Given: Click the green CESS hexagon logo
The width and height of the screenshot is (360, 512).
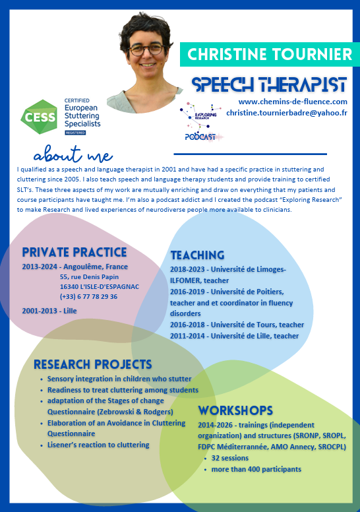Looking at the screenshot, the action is pyautogui.click(x=39, y=117).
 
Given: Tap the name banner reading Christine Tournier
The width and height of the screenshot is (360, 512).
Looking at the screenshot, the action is pyautogui.click(x=270, y=54).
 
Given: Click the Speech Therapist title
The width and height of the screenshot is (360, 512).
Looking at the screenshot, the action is pyautogui.click(x=269, y=85).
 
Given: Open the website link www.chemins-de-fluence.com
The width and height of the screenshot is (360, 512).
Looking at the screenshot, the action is pyautogui.click(x=293, y=102).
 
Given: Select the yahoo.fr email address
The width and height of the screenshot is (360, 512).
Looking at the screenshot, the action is pyautogui.click(x=287, y=113).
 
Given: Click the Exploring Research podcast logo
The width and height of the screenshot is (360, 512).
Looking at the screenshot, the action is pyautogui.click(x=200, y=121).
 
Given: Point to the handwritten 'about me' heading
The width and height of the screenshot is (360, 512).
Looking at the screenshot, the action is pyautogui.click(x=73, y=154).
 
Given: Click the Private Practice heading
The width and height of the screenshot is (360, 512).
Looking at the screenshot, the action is pyautogui.click(x=75, y=252).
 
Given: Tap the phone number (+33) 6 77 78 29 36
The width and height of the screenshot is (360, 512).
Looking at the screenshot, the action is pyautogui.click(x=88, y=296).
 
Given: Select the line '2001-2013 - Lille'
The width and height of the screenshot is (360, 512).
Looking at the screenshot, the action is pyautogui.click(x=49, y=311).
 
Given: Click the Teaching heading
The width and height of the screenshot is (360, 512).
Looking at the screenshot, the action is pyautogui.click(x=197, y=255).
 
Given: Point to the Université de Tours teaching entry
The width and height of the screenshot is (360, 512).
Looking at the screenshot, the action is pyautogui.click(x=237, y=325).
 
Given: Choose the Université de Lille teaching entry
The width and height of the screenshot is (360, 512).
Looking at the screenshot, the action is pyautogui.click(x=234, y=336).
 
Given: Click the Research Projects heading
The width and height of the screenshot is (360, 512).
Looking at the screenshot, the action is pyautogui.click(x=93, y=364).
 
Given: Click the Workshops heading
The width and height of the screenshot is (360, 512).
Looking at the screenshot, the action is pyautogui.click(x=235, y=410).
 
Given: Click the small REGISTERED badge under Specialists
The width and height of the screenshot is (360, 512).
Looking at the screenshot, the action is pyautogui.click(x=75, y=133).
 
